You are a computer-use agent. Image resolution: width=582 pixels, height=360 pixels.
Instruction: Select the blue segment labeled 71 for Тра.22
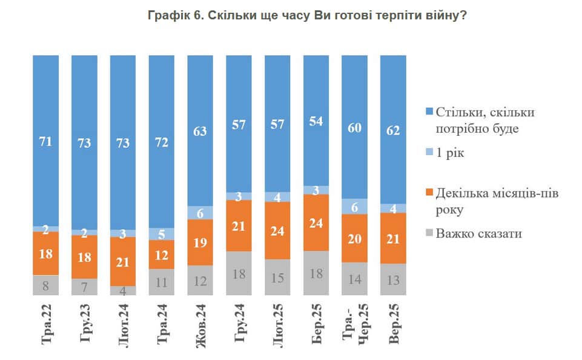(46, 141)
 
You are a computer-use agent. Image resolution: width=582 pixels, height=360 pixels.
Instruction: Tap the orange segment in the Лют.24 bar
(123, 261)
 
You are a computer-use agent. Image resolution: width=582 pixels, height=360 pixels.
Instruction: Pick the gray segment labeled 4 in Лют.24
(123, 290)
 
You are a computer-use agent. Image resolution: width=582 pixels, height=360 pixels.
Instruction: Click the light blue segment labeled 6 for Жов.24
(200, 213)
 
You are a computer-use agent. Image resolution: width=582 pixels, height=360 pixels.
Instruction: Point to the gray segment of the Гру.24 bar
(239, 273)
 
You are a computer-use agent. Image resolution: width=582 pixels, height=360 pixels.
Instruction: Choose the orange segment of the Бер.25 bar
(316, 222)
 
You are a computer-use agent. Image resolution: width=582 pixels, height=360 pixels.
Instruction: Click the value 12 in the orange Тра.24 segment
(162, 255)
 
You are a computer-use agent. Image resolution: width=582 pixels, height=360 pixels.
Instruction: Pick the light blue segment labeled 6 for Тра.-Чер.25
(355, 207)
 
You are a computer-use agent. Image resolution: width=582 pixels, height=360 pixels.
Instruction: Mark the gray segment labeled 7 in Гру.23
(85, 287)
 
